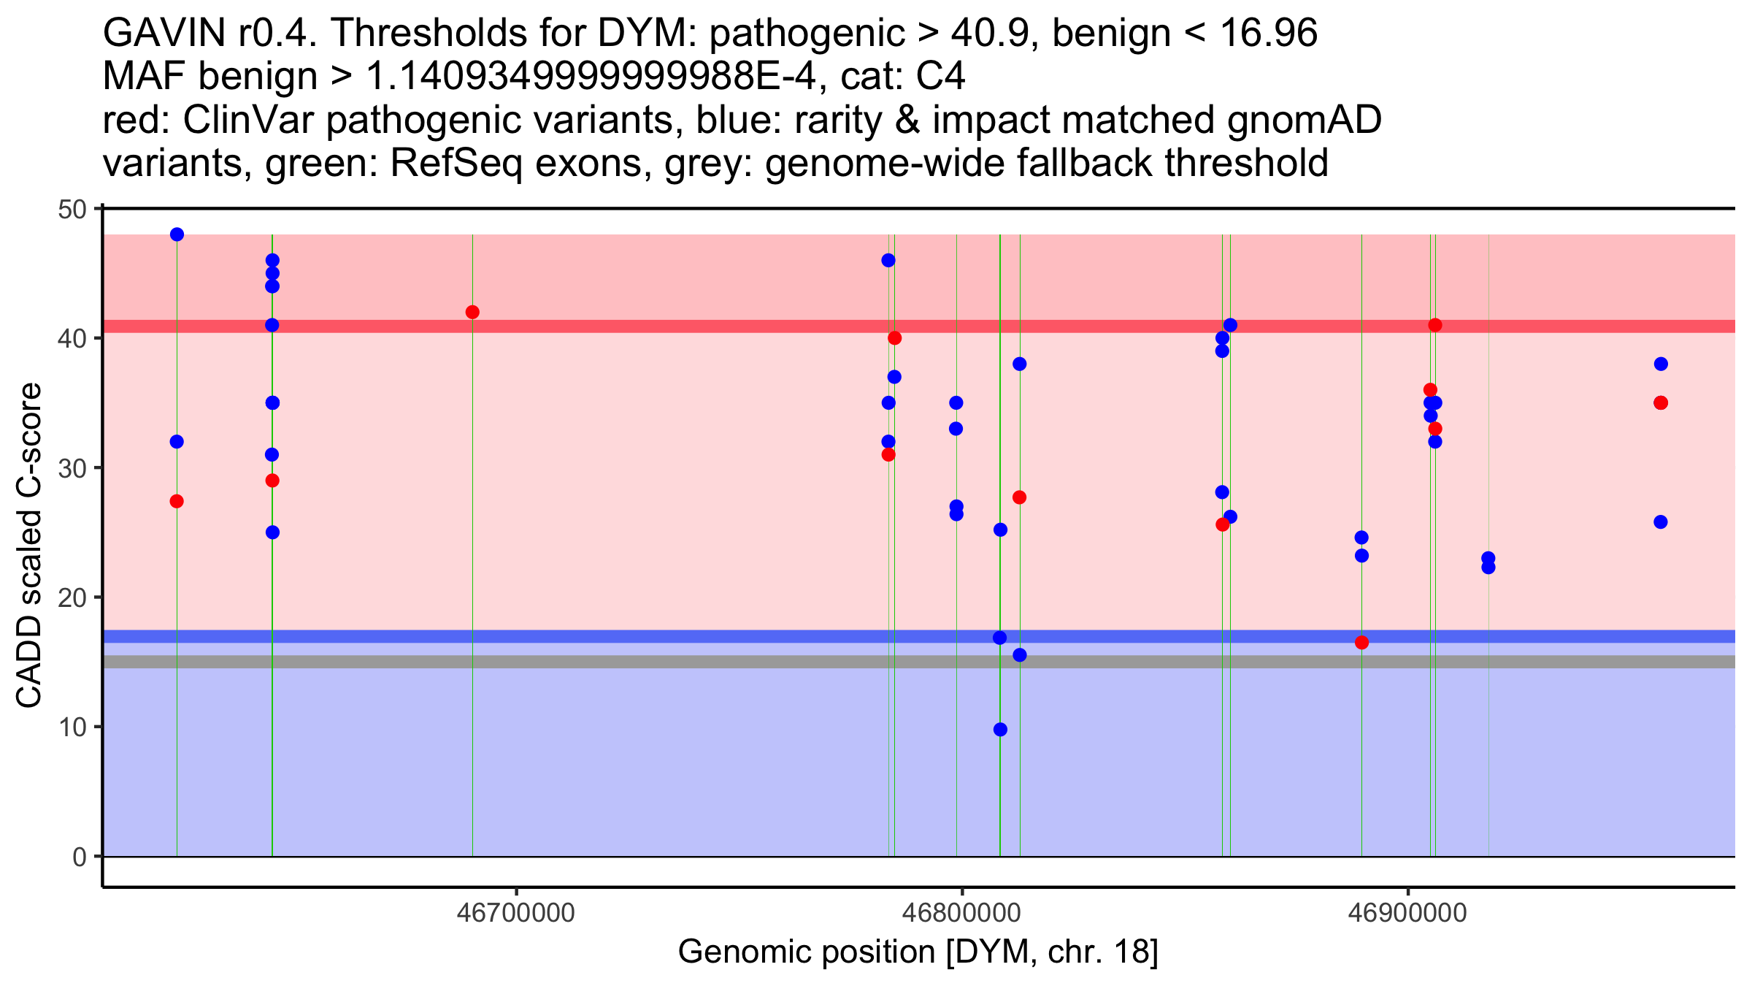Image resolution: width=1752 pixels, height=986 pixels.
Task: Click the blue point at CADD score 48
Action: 177,234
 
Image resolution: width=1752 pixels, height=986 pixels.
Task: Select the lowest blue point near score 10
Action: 1000,730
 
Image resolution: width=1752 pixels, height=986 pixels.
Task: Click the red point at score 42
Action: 472,313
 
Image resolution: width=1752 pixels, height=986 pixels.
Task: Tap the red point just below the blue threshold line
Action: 1361,643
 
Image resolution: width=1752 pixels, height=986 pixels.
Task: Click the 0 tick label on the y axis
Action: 79,857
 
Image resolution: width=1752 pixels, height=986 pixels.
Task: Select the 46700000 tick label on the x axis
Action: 516,914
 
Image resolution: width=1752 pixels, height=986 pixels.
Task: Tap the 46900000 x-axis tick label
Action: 1407,914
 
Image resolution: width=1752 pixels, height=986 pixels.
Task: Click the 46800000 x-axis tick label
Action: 961,914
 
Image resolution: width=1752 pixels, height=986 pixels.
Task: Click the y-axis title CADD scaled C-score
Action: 29,547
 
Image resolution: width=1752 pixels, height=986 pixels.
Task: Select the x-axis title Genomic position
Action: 918,952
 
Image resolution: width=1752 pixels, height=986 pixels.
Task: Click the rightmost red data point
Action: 1661,403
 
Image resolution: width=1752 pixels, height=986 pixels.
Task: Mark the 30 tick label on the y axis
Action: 72,468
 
